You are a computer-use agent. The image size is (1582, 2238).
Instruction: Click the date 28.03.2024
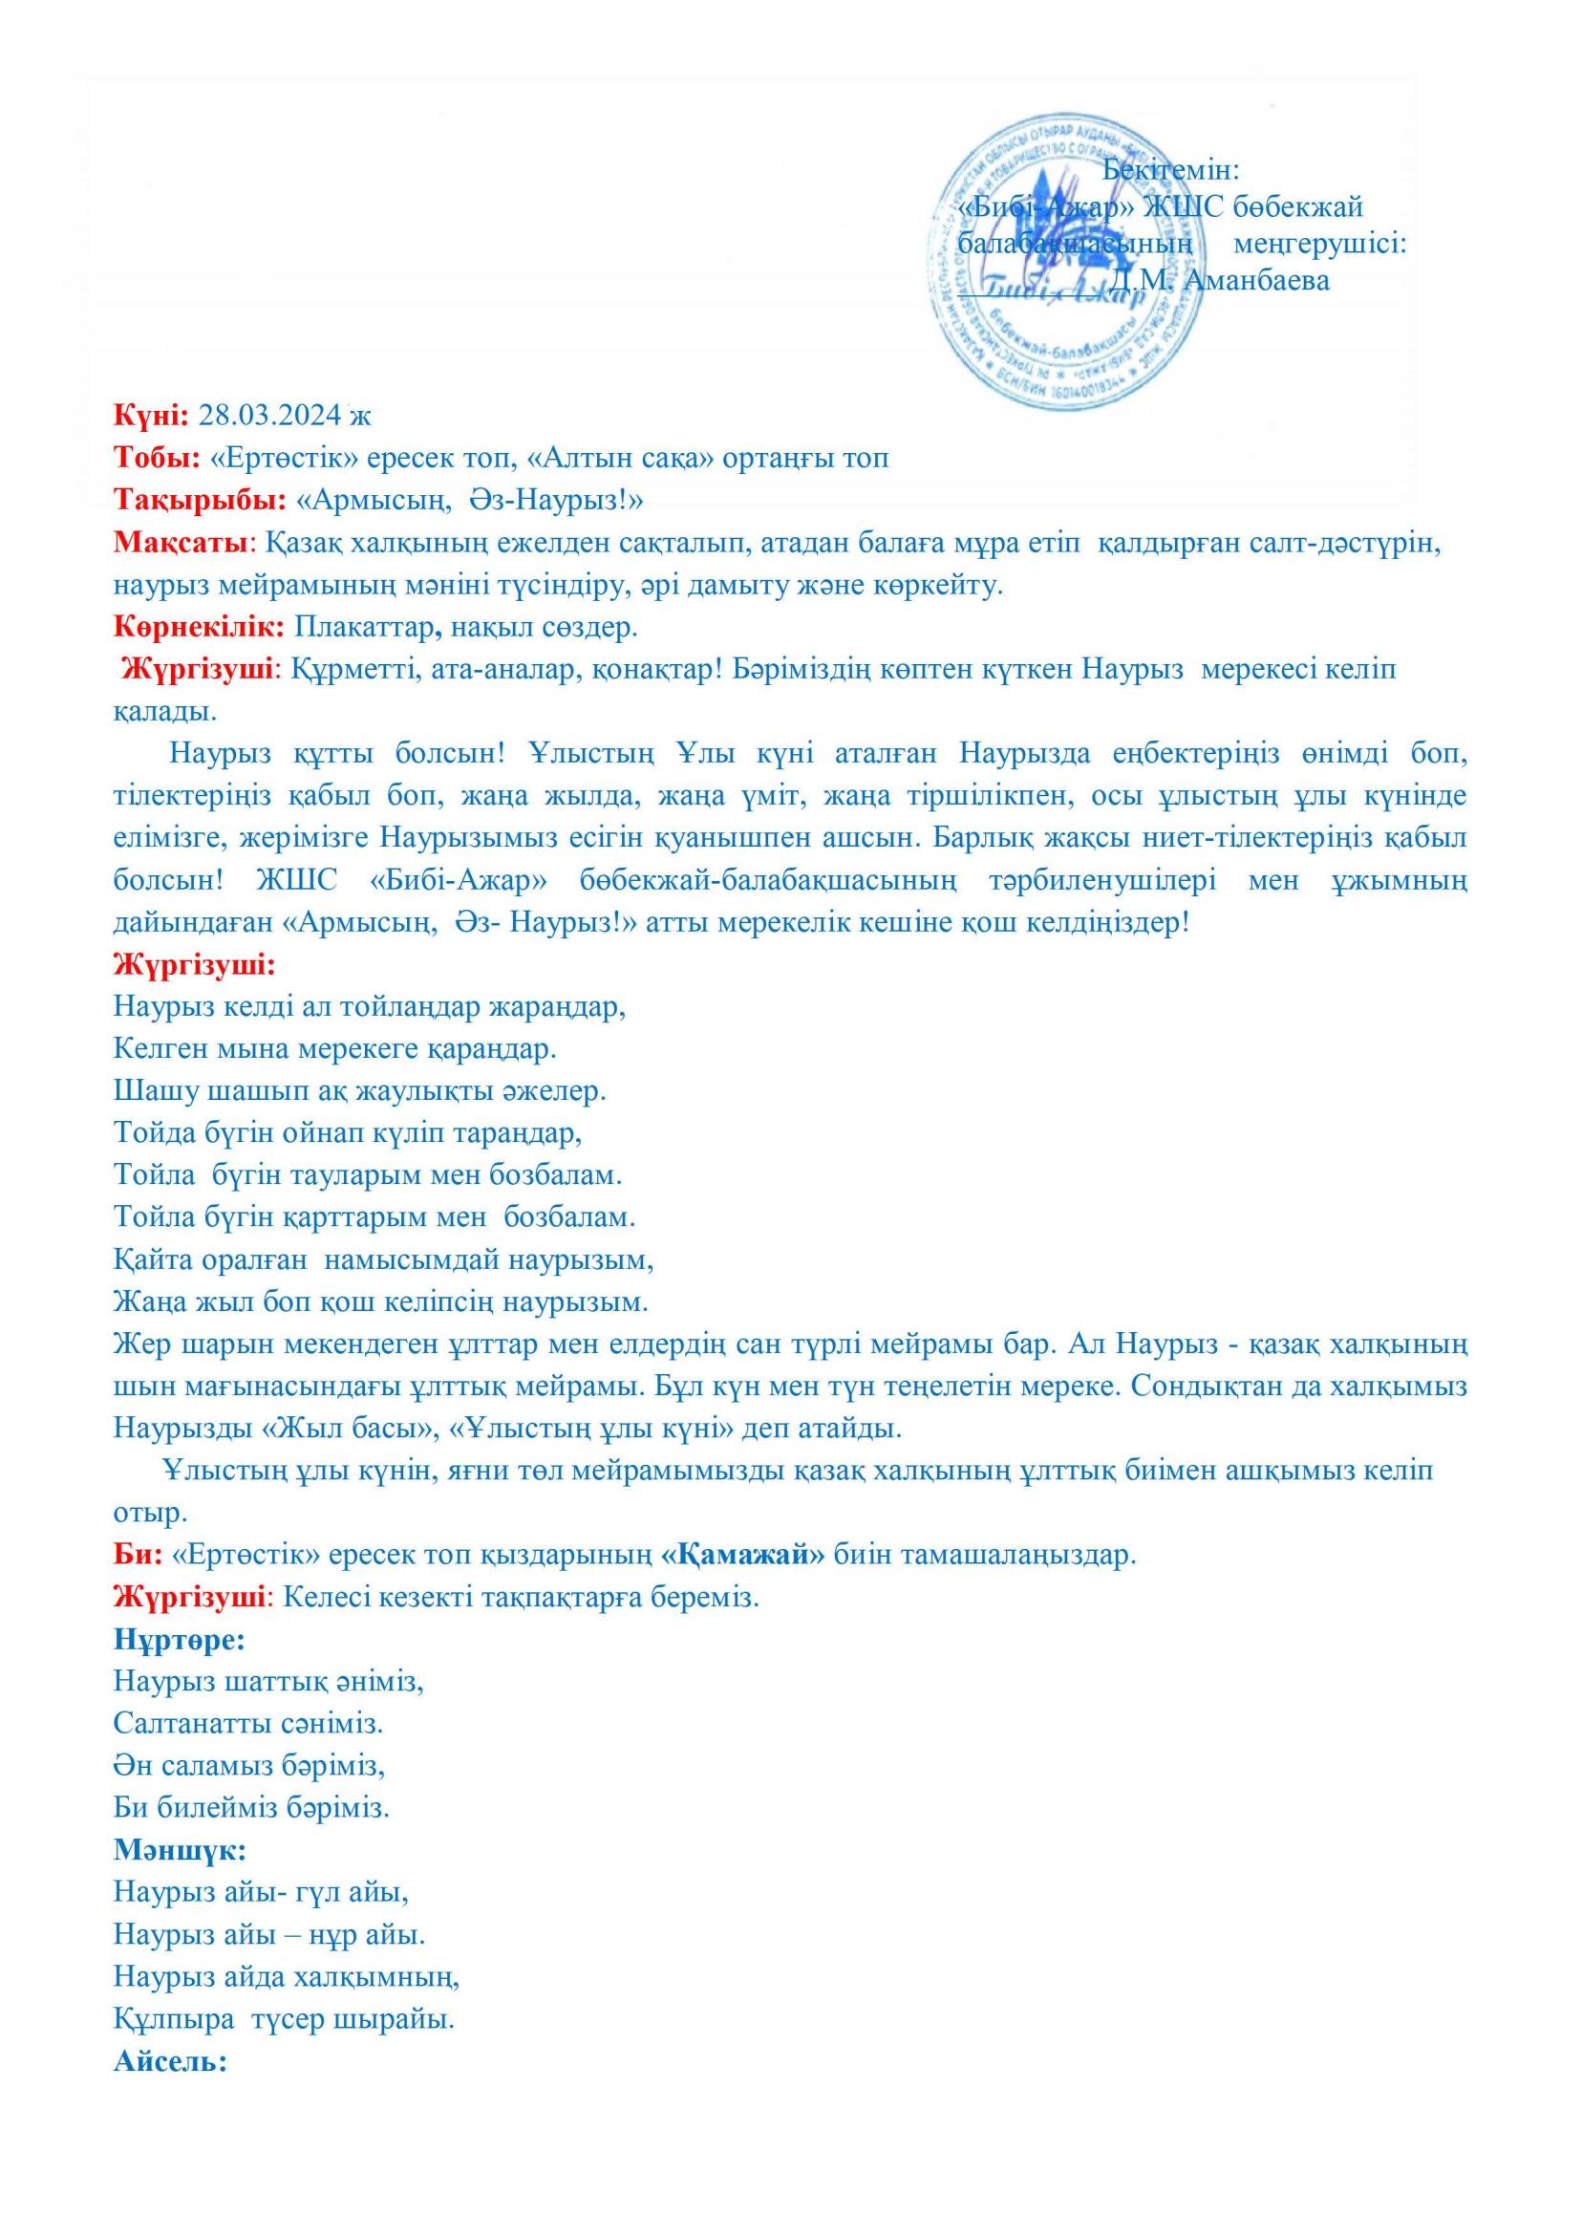coord(271,416)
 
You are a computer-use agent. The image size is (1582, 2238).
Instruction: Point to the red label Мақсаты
coord(182,543)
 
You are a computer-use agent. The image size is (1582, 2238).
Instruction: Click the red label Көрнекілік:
coord(199,627)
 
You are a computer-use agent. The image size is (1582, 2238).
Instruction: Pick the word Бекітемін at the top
coord(1169,169)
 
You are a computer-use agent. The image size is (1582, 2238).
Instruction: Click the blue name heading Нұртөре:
coord(180,1640)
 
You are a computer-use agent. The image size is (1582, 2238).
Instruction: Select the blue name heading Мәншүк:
coord(180,1850)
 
